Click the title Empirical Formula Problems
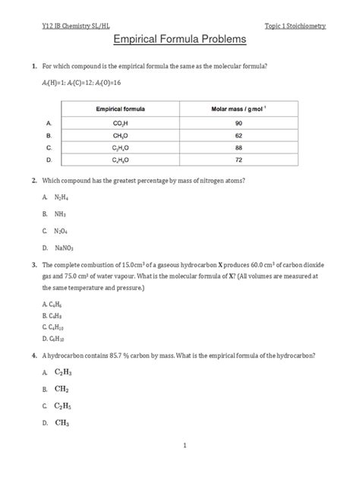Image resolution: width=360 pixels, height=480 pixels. [180, 39]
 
